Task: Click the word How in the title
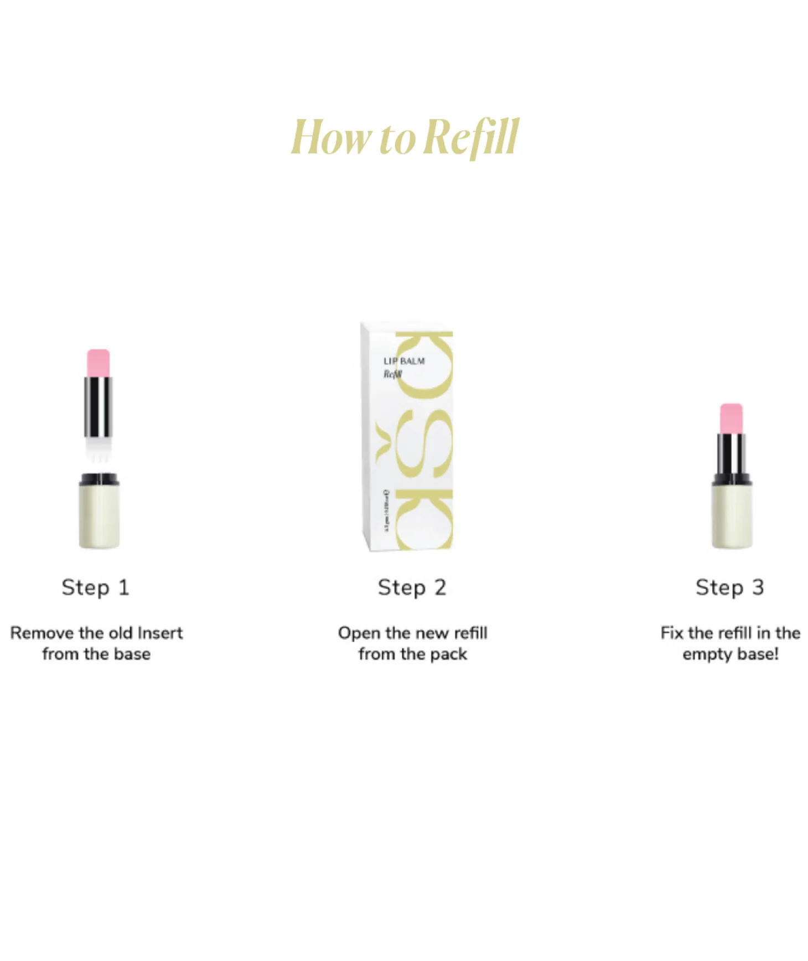click(x=331, y=137)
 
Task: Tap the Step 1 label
click(x=95, y=587)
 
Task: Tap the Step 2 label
click(x=412, y=587)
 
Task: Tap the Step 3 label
click(x=729, y=587)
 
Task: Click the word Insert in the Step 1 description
click(x=160, y=633)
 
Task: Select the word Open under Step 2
click(x=359, y=633)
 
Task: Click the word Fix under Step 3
click(x=672, y=633)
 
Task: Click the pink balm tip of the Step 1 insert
click(x=98, y=363)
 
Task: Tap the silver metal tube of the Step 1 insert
click(x=98, y=407)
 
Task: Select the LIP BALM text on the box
click(x=404, y=361)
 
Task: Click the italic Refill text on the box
click(x=392, y=375)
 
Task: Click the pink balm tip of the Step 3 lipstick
click(x=731, y=418)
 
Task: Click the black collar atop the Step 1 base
click(x=99, y=479)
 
